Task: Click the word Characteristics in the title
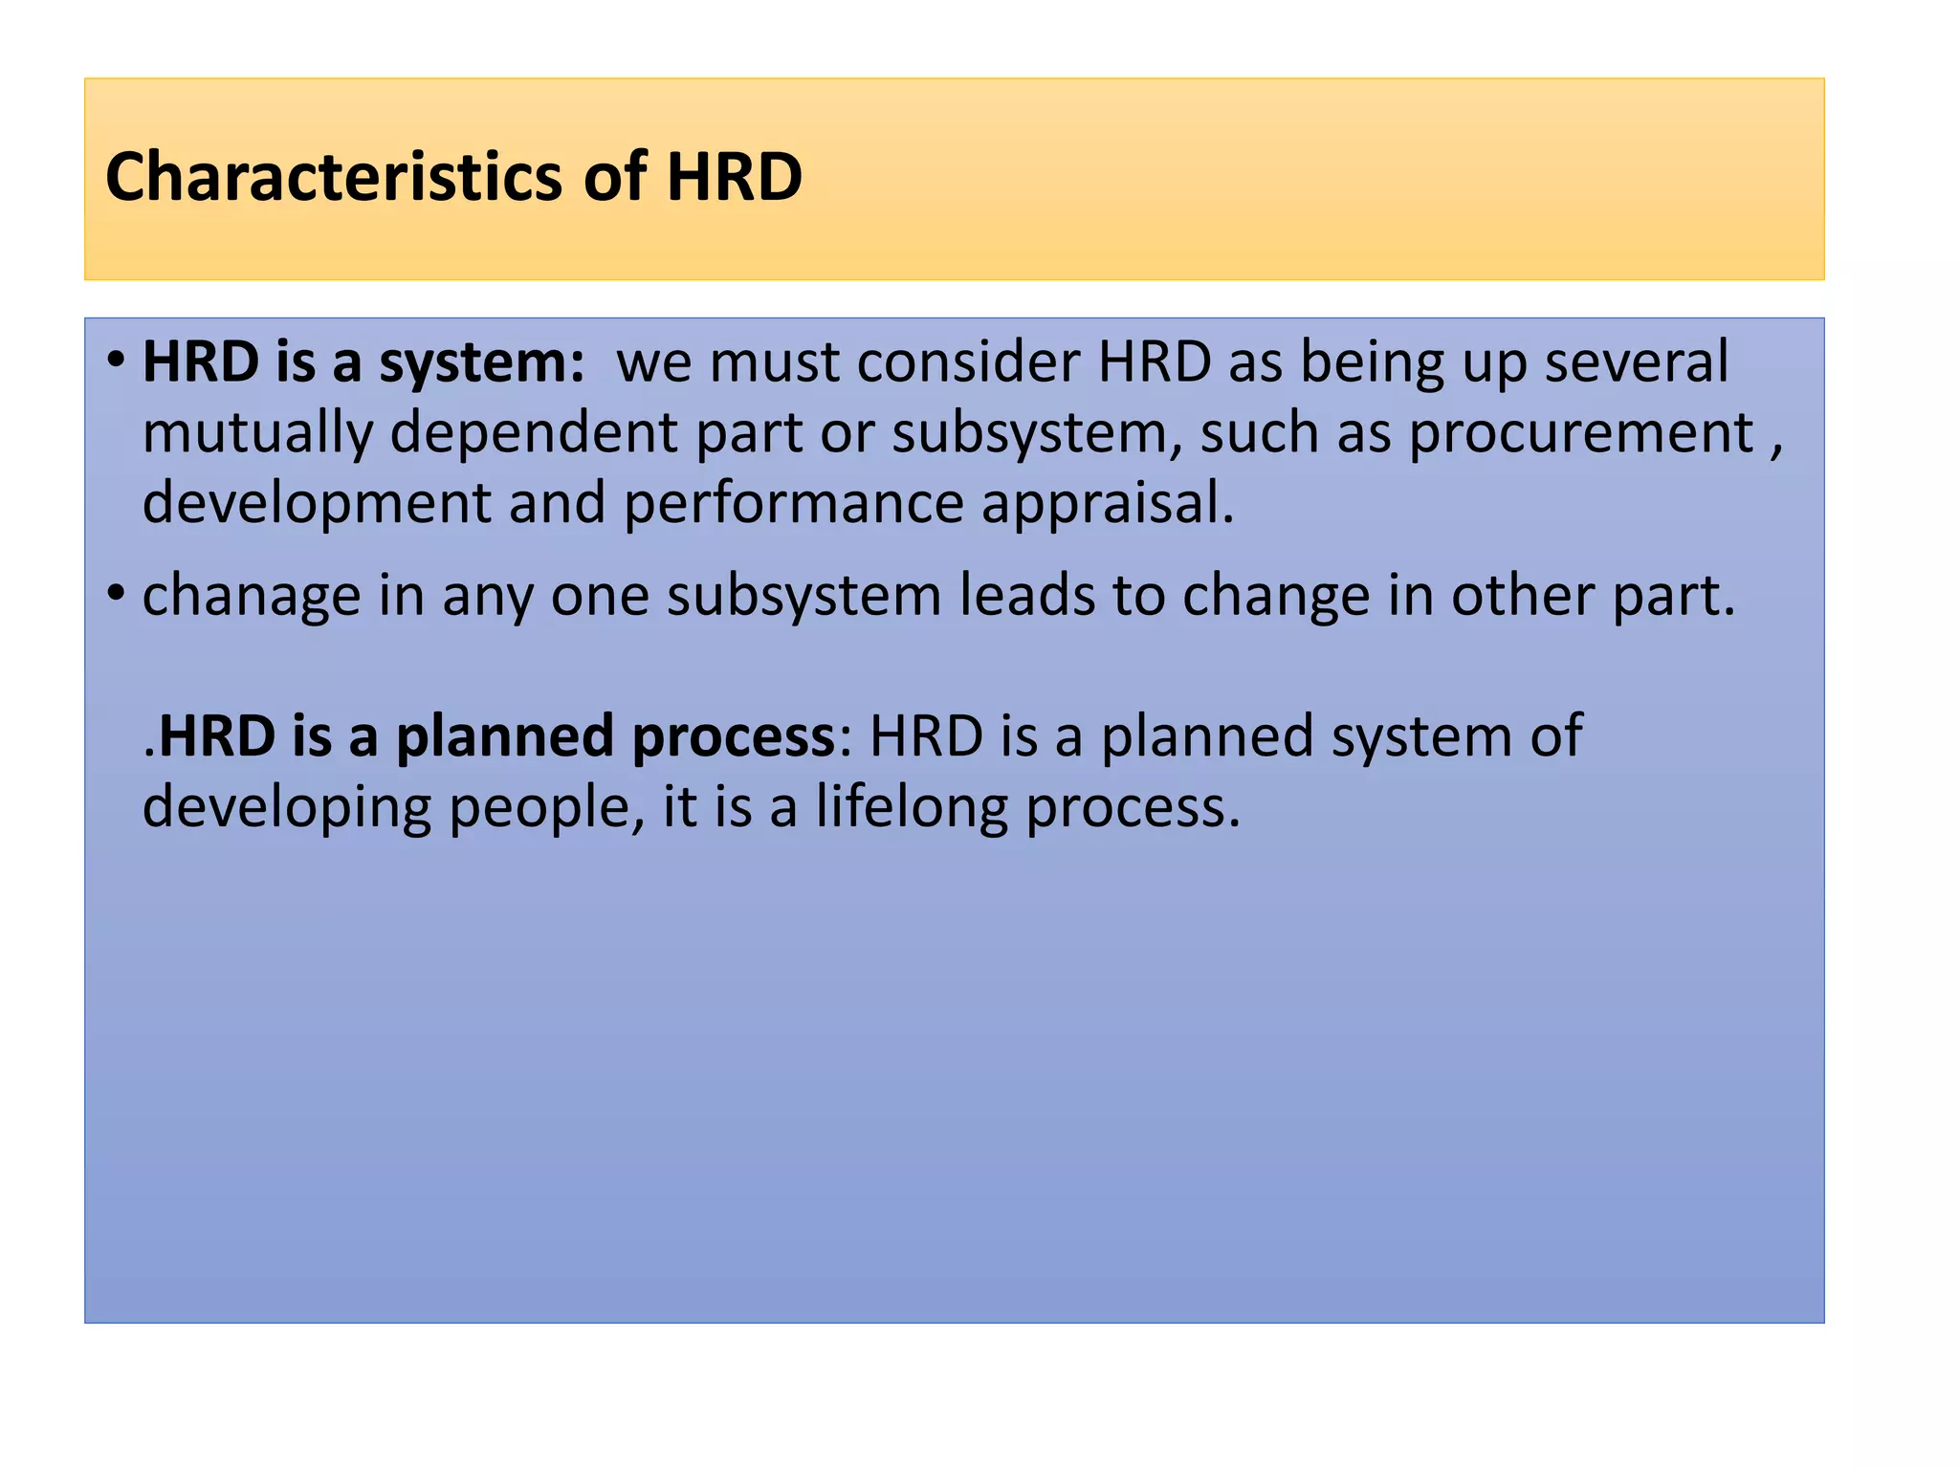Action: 334,178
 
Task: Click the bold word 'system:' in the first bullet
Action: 481,363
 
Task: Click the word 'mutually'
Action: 256,433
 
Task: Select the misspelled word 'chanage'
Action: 252,596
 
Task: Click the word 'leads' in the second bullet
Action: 1026,596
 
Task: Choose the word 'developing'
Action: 286,807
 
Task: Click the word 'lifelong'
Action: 911,807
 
